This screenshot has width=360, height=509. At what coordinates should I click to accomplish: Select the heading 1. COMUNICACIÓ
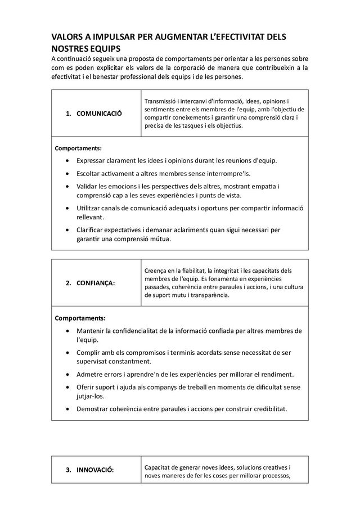click(94, 114)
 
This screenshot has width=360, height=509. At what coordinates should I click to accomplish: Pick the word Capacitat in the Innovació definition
click(160, 467)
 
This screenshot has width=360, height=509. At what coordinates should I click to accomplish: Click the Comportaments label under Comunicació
click(78, 148)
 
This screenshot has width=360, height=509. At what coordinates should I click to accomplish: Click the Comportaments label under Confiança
click(78, 318)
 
